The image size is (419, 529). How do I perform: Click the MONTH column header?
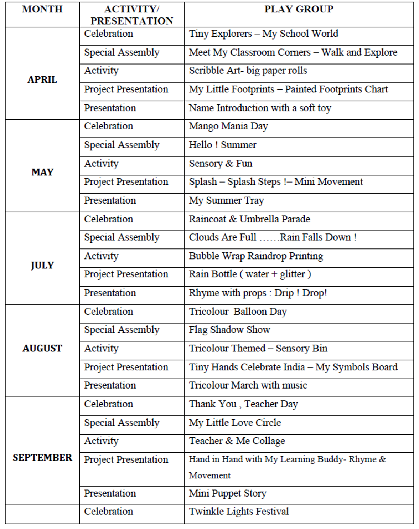pyautogui.click(x=42, y=9)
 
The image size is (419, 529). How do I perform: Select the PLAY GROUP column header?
pyautogui.click(x=299, y=9)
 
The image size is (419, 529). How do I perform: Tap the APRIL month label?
pyautogui.click(x=42, y=80)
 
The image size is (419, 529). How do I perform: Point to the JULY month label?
pyautogui.click(x=42, y=265)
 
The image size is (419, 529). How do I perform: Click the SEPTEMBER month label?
pyautogui.click(x=42, y=458)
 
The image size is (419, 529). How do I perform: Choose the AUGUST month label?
pyautogui.click(x=42, y=349)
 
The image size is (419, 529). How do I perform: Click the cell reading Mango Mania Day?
pyautogui.click(x=228, y=127)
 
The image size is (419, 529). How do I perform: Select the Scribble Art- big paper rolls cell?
pyautogui.click(x=248, y=71)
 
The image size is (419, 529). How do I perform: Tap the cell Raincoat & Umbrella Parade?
pyautogui.click(x=249, y=219)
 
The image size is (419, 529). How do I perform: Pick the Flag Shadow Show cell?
pyautogui.click(x=229, y=330)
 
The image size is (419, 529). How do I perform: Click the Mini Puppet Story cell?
pyautogui.click(x=227, y=494)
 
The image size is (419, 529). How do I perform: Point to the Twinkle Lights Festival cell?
pyautogui.click(x=238, y=512)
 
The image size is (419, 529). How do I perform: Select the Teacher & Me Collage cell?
pyautogui.click(x=237, y=441)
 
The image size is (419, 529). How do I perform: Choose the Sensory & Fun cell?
pyautogui.click(x=220, y=164)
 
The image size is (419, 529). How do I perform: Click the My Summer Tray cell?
pyautogui.click(x=226, y=201)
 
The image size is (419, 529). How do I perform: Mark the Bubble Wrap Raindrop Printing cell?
pyautogui.click(x=255, y=256)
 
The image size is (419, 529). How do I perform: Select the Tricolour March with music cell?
pyautogui.click(x=248, y=385)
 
